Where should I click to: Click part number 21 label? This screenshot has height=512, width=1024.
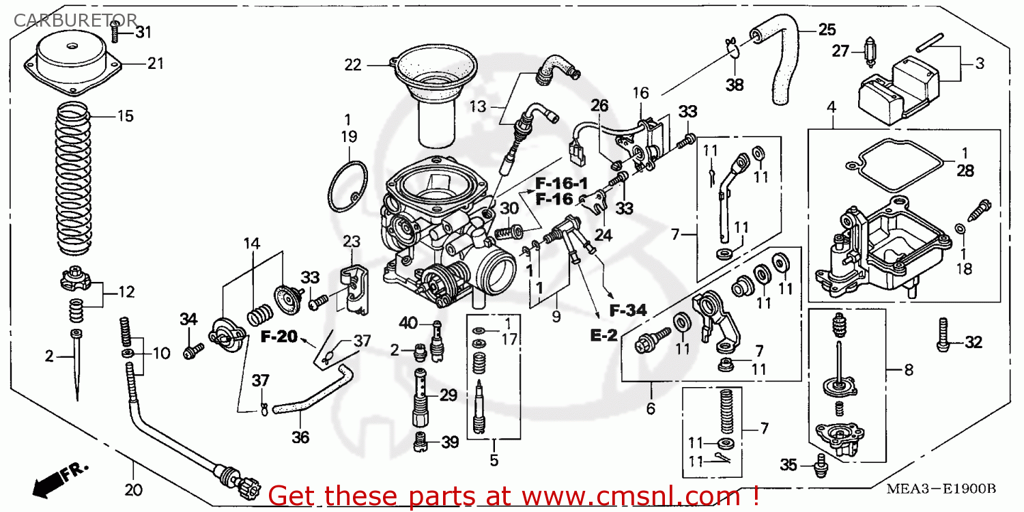156,64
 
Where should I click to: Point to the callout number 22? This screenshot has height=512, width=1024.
352,66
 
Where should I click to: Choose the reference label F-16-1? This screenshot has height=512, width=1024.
561,184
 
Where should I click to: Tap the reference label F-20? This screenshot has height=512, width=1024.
279,336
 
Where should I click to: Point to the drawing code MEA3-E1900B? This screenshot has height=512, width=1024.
941,489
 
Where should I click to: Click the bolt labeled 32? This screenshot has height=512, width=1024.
944,335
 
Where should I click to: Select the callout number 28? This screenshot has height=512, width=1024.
965,171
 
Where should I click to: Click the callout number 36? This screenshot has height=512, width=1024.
300,438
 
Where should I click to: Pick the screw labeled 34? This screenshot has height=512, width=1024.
193,351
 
